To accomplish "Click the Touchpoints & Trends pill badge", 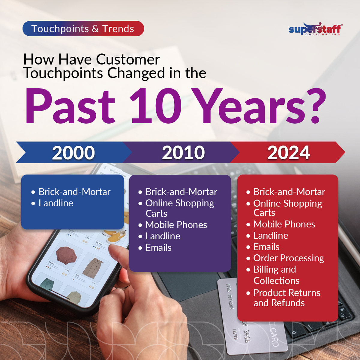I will click(83, 29).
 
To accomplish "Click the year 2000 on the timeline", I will click(73, 153).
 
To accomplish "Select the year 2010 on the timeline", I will click(183, 153).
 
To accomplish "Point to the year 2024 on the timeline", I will click(289, 153).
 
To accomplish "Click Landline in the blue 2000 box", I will click(56, 203).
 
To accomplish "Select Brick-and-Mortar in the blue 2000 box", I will click(74, 192).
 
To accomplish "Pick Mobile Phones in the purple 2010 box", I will click(176, 225).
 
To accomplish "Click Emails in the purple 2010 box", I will click(158, 248).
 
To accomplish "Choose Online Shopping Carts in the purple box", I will click(179, 208).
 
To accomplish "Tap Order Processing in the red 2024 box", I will click(288, 258).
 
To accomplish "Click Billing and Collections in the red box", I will click(276, 275).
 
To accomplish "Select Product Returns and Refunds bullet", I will click(286, 298).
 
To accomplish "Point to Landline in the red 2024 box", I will click(271, 236).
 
